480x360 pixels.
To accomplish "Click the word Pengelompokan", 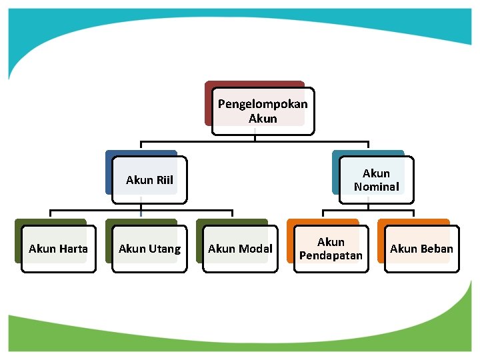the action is [263, 105].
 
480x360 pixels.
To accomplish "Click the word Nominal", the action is [376, 187].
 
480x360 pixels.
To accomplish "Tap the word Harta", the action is [73, 249].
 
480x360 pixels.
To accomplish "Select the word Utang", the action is [165, 249].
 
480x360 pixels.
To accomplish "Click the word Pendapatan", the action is [331, 256].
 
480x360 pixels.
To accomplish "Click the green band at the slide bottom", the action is [240, 333].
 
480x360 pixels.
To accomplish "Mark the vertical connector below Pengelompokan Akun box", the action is [255, 138].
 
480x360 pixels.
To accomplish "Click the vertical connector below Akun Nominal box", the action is [367, 207].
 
